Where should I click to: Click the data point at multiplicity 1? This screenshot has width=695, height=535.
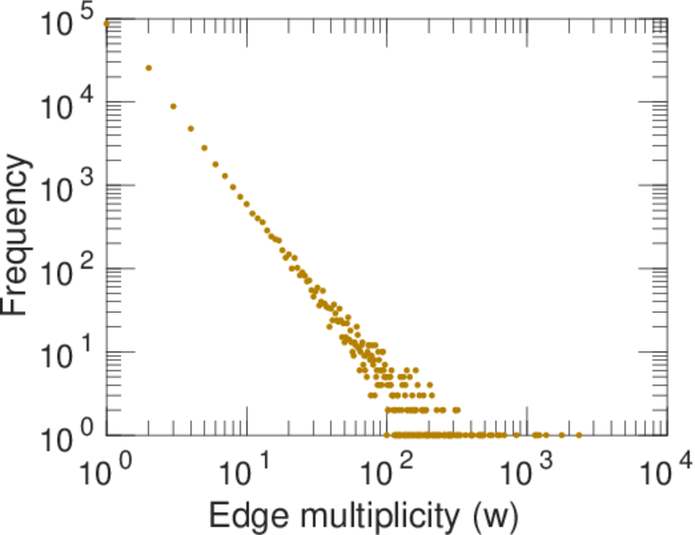click(107, 23)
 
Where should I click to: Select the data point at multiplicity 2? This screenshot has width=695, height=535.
click(149, 68)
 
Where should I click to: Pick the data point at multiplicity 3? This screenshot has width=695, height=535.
click(173, 106)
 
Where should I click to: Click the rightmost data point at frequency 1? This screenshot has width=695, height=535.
click(579, 435)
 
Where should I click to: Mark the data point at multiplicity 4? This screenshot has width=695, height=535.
click(191, 128)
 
